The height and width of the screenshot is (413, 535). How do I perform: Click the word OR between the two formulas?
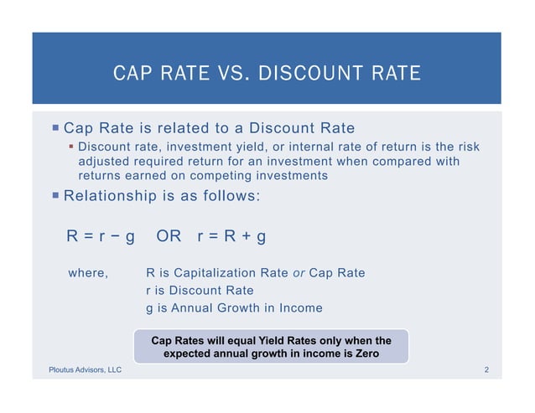pos(169,236)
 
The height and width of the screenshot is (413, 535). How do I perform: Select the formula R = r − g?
pos(101,236)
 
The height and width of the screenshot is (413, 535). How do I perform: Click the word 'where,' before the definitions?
pos(87,273)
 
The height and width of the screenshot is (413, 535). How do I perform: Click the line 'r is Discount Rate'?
pos(200,291)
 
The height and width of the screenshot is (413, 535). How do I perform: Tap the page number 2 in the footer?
pos(486,369)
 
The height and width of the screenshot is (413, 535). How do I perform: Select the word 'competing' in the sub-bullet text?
pos(236,176)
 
